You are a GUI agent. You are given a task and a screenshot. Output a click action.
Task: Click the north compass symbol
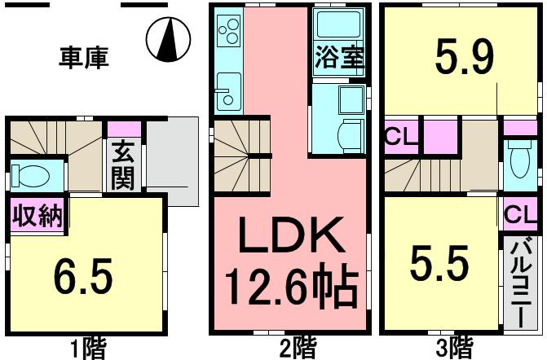169,38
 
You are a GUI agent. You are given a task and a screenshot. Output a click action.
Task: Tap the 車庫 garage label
84,58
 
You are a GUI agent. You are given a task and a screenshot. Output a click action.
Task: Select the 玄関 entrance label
123,165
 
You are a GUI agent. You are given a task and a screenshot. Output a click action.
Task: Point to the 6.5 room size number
84,278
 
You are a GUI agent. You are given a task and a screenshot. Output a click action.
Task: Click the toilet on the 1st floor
36,175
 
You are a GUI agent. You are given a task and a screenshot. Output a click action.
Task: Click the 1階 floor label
90,349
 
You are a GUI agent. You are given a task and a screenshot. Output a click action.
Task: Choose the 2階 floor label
298,349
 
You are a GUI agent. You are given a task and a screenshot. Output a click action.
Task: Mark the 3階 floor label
453,349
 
